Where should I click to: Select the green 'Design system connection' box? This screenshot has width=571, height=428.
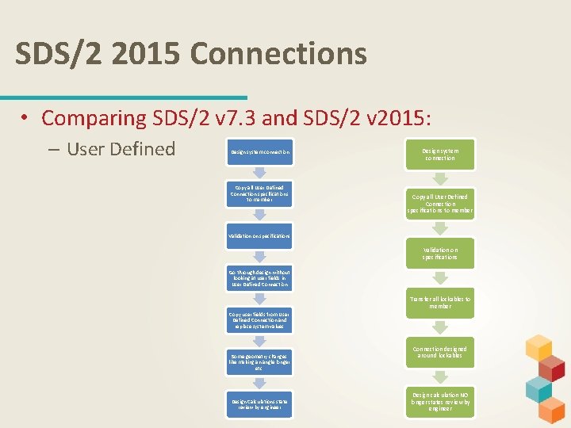coord(440,153)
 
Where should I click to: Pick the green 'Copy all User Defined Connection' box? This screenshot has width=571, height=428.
coord(440,203)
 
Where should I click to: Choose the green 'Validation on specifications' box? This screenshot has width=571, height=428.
coord(440,253)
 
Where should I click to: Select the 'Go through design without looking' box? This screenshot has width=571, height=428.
coord(260,277)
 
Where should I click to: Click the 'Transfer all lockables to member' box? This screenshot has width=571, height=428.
coord(440,302)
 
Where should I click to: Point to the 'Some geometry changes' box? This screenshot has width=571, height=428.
coord(260,361)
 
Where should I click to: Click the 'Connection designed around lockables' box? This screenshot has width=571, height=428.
coord(440,352)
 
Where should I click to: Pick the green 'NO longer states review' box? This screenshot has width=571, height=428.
coord(440,402)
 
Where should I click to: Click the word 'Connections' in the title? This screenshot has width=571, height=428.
coord(278,54)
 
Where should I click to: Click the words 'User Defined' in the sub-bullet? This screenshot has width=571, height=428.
coord(121,148)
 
